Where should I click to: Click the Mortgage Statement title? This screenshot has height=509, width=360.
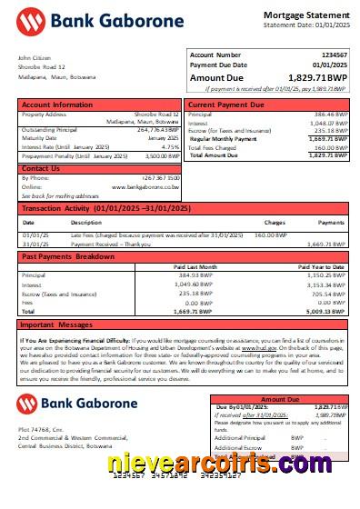point(305,15)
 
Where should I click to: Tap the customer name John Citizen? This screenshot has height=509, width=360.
point(35,58)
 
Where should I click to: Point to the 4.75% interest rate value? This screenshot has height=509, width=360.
point(170,146)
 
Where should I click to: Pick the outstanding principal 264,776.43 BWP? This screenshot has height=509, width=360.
point(155,129)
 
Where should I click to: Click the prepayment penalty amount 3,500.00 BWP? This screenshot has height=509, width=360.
point(159,156)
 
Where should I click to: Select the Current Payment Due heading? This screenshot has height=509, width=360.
point(227,105)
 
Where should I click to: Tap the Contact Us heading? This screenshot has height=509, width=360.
point(41,168)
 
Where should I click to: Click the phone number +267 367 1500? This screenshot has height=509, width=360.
point(161,178)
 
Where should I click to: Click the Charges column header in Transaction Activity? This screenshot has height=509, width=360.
point(274,222)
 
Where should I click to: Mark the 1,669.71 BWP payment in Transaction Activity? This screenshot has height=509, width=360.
point(325,244)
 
